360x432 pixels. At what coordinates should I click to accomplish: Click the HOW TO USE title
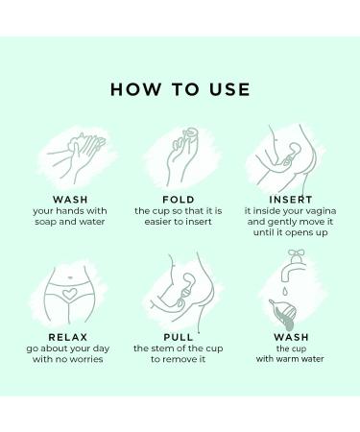pyautogui.click(x=180, y=90)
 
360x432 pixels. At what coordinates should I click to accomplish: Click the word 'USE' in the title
pyautogui.click(x=227, y=90)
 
